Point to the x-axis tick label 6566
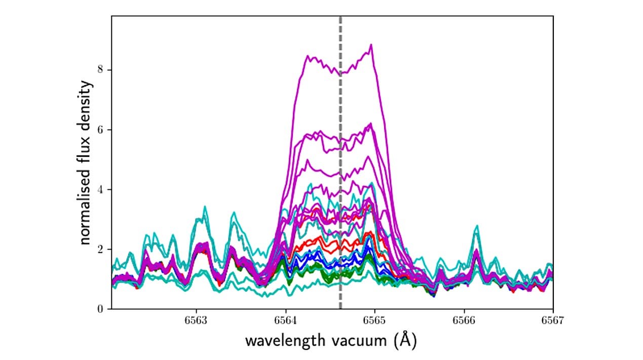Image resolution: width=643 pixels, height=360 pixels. tap(464, 320)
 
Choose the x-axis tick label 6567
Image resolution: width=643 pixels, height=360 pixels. tap(553, 320)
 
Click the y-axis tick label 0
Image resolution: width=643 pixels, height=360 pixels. tap(101, 309)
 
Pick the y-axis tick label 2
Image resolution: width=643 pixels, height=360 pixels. tap(101, 249)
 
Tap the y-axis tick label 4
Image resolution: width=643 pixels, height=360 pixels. tap(101, 189)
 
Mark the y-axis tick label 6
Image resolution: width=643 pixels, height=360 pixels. tap(101, 130)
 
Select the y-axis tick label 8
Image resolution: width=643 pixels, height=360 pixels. tap(101, 69)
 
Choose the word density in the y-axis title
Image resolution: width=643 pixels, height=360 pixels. tap(87, 108)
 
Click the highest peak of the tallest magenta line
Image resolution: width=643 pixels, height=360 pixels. tap(371, 45)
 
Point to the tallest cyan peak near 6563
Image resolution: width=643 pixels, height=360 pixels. tap(205, 207)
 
